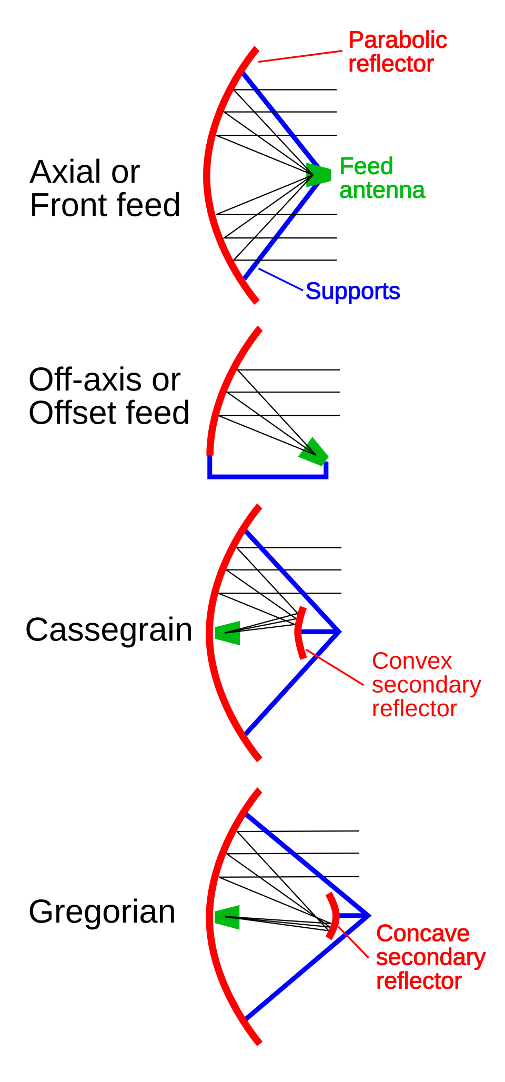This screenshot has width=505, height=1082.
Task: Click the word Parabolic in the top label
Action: point(398,41)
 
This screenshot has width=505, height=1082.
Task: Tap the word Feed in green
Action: point(366,166)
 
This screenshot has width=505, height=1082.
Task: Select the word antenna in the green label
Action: point(382,190)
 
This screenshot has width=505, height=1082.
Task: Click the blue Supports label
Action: point(352,291)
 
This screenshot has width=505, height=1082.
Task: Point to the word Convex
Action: point(412,661)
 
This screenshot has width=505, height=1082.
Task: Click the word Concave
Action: point(422,934)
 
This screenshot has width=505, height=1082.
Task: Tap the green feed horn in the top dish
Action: point(319,175)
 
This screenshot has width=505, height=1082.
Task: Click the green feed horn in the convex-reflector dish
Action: point(228,633)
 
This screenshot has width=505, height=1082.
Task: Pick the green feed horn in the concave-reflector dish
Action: point(228,917)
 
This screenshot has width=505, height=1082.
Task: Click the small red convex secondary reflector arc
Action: point(299,633)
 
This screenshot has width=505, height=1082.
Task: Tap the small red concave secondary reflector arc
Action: point(332,916)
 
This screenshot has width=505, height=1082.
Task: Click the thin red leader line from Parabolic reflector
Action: point(300,56)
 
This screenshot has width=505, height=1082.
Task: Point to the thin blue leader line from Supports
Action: point(281,279)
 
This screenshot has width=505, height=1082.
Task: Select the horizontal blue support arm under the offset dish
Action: point(268,477)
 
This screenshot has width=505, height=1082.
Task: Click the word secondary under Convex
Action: point(426,685)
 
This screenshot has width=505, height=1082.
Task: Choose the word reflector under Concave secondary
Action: point(419,981)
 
